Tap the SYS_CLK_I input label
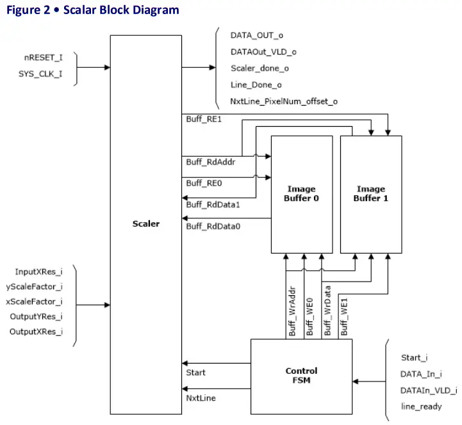(44, 74)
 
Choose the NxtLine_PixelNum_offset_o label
(284, 101)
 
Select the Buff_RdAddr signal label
(207, 162)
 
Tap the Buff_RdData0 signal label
(213, 225)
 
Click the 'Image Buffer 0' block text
(301, 193)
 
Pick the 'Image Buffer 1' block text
(370, 193)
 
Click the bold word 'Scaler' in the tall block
(145, 224)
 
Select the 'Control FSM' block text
(301, 375)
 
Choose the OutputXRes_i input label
(36, 332)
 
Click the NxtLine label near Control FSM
(201, 398)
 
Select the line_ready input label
(421, 406)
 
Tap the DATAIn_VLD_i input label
(429, 390)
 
